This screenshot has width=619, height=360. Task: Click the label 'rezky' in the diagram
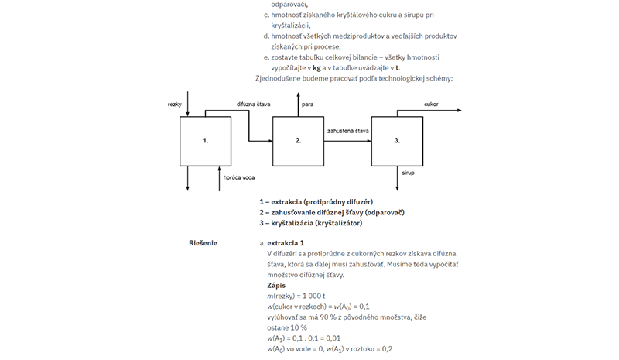click(175, 105)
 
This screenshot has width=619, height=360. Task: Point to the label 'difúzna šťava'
click(254, 105)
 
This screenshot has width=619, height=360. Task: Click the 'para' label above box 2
click(307, 105)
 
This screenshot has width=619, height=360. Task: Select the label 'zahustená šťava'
click(347, 131)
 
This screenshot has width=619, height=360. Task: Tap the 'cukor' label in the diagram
click(431, 105)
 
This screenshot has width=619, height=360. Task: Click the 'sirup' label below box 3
click(409, 173)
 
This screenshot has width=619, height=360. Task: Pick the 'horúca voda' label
click(239, 177)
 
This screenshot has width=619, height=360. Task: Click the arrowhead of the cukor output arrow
click(460, 111)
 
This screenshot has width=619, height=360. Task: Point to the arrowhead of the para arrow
click(299, 94)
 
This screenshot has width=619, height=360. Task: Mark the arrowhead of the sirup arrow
click(397, 189)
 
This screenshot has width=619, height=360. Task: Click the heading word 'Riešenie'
click(203, 243)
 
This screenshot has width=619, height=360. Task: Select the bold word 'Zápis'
click(276, 286)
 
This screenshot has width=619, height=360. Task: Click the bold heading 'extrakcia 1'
click(286, 243)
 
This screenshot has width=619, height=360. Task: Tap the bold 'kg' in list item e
click(316, 68)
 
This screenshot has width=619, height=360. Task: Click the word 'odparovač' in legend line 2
click(385, 212)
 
